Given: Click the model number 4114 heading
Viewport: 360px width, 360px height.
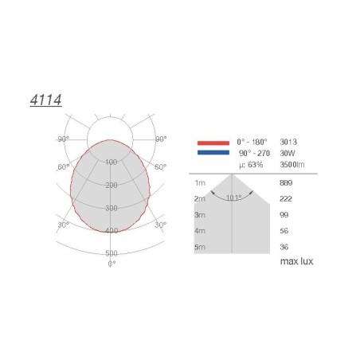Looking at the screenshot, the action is coord(45,100).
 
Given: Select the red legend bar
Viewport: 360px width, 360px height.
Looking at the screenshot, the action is coord(213,143).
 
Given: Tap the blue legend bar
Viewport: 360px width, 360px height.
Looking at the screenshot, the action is coord(213,152).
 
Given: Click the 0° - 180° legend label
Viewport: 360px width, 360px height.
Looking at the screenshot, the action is coord(252,142).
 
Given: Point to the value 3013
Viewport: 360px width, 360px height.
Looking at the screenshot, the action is coord(288,142).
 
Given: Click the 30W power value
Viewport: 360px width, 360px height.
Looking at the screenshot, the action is coord(288,153).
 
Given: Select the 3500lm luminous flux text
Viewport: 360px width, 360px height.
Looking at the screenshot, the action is coord(292,165).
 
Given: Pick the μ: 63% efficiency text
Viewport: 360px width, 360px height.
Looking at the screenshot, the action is coord(251,165).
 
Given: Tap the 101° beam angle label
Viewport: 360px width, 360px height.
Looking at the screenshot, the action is coord(234,198).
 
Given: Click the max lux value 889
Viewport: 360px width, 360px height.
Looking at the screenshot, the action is coord(286,183).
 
